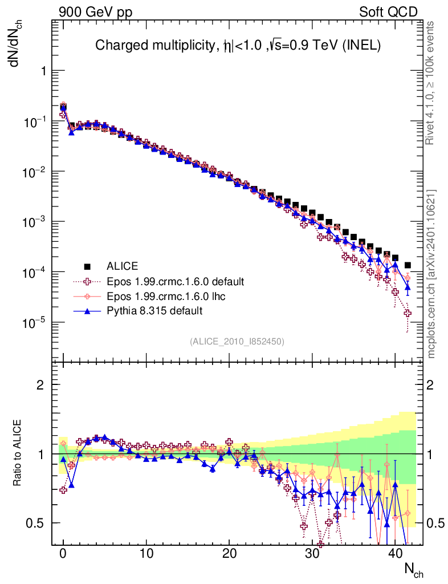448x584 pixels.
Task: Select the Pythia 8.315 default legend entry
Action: tap(154, 311)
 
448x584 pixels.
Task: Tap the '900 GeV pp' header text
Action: tap(95, 12)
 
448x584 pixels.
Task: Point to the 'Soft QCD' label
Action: tap(388, 12)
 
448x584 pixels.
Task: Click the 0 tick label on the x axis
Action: tap(63, 554)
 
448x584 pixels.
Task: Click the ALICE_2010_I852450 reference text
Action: tap(237, 341)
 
